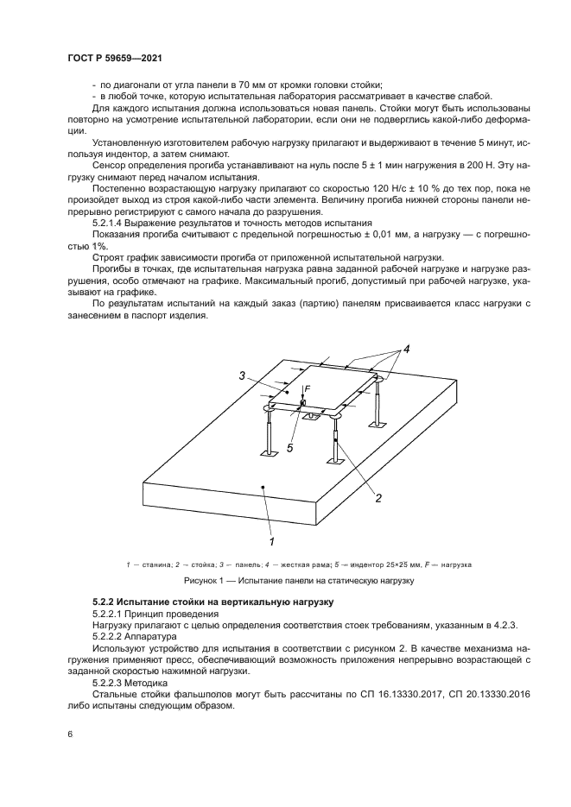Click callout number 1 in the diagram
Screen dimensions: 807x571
click(271, 541)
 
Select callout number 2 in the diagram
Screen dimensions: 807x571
click(377, 497)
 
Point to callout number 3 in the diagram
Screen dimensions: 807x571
click(244, 375)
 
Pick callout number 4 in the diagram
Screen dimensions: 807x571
click(405, 350)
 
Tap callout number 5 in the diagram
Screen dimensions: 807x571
click(290, 447)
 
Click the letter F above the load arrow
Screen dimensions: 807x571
click(308, 389)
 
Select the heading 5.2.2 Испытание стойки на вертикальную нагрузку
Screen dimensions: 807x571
click(213, 600)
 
